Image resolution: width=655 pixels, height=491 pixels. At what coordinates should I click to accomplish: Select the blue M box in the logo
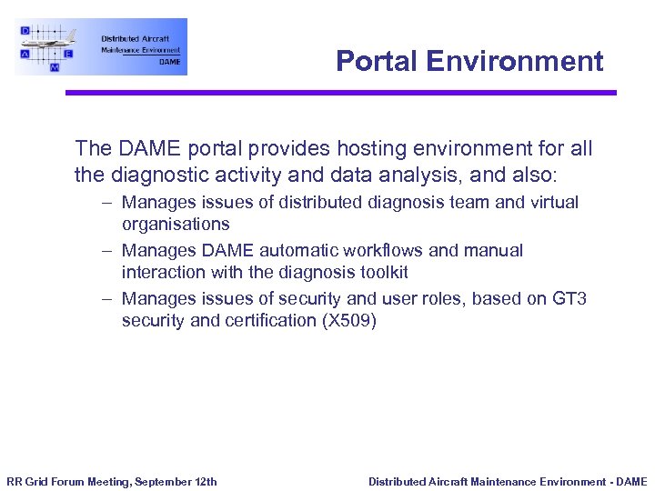coord(55,67)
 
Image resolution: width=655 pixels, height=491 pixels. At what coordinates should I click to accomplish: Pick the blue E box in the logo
coord(68,54)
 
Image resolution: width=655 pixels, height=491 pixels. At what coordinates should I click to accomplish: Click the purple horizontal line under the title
coord(340,92)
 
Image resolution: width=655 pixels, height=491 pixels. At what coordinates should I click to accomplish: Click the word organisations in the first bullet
coord(176,224)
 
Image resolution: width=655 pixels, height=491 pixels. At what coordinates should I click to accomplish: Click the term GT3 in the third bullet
coord(569,298)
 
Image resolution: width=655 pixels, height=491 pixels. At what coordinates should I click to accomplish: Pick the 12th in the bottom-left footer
coord(206,481)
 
